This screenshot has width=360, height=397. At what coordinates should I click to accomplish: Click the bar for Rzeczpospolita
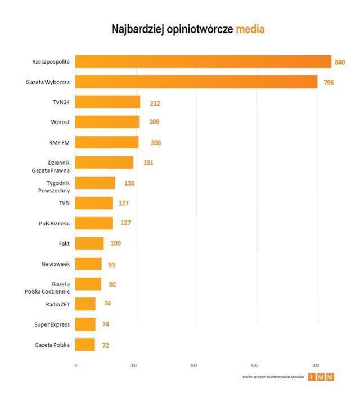coord(203,61)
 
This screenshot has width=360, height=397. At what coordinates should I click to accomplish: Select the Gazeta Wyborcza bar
coord(196,82)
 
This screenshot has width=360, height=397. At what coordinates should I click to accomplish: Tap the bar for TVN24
coord(107,102)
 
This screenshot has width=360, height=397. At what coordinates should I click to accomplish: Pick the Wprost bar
coord(107,122)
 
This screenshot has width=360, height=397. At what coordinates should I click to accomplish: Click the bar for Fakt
coord(89,243)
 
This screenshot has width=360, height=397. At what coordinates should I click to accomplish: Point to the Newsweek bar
coord(88,264)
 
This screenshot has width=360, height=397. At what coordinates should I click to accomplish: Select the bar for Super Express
coord(85,324)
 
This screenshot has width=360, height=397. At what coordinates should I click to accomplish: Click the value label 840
coord(340,62)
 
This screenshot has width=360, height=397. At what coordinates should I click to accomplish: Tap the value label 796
coord(329,83)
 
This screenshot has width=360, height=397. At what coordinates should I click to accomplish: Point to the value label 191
coord(148,163)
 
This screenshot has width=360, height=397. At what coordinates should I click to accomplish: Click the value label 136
coord(129,183)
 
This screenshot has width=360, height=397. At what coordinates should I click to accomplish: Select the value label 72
coord(106,345)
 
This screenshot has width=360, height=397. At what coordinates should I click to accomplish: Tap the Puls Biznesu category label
coord(55,223)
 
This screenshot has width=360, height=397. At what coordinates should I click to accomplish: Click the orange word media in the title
coord(250,29)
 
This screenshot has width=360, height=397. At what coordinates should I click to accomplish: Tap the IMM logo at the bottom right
coord(321,377)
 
